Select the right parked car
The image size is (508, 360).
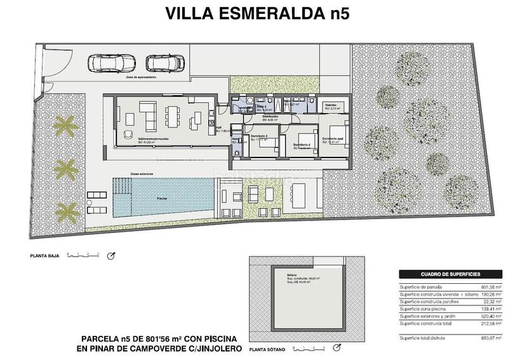[165, 63]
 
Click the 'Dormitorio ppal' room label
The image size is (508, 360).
[333, 139]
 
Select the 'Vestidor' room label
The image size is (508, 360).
[331, 105]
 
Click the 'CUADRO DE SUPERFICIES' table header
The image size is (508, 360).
[450, 274]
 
